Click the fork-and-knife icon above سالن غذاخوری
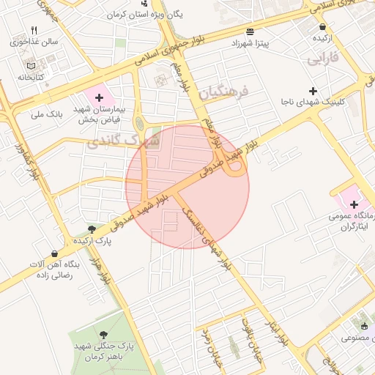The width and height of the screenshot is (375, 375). click(34, 31)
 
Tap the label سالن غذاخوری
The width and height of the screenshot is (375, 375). click(34, 42)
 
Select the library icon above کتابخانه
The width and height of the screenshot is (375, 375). click(29, 66)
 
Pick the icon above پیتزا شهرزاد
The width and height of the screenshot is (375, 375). click(251, 32)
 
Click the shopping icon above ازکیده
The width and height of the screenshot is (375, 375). click(322, 26)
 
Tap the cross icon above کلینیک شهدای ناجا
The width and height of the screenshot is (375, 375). click(313, 92)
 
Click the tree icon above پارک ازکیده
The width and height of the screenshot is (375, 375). click(92, 229)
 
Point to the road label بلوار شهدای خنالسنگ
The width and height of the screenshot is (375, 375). click(208, 235)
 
